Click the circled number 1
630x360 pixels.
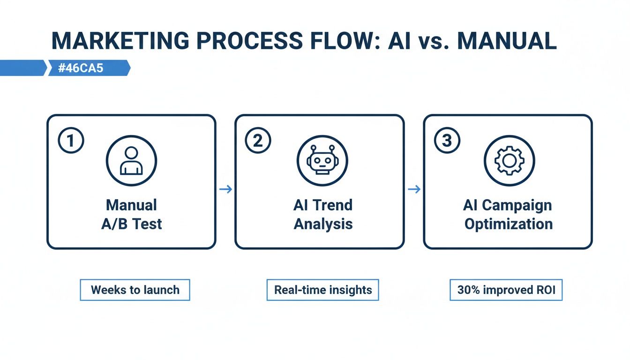pos(71,141)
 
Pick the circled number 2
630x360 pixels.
pos(258,141)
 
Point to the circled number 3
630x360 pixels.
pos(447,141)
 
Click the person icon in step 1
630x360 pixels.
pos(131,161)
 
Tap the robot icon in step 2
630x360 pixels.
pos(322,161)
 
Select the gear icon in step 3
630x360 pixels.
pos(509,161)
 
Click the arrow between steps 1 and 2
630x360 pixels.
pos(225,189)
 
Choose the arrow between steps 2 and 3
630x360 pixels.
pos(414,189)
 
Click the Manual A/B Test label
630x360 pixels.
pos(131,214)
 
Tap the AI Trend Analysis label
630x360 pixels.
pos(323,214)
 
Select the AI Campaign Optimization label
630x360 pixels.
pos(508,214)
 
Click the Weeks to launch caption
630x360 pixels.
pos(135,290)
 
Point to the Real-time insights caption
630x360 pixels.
pos(323,290)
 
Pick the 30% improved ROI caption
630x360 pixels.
pos(506,290)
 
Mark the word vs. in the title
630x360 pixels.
pos(431,41)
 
